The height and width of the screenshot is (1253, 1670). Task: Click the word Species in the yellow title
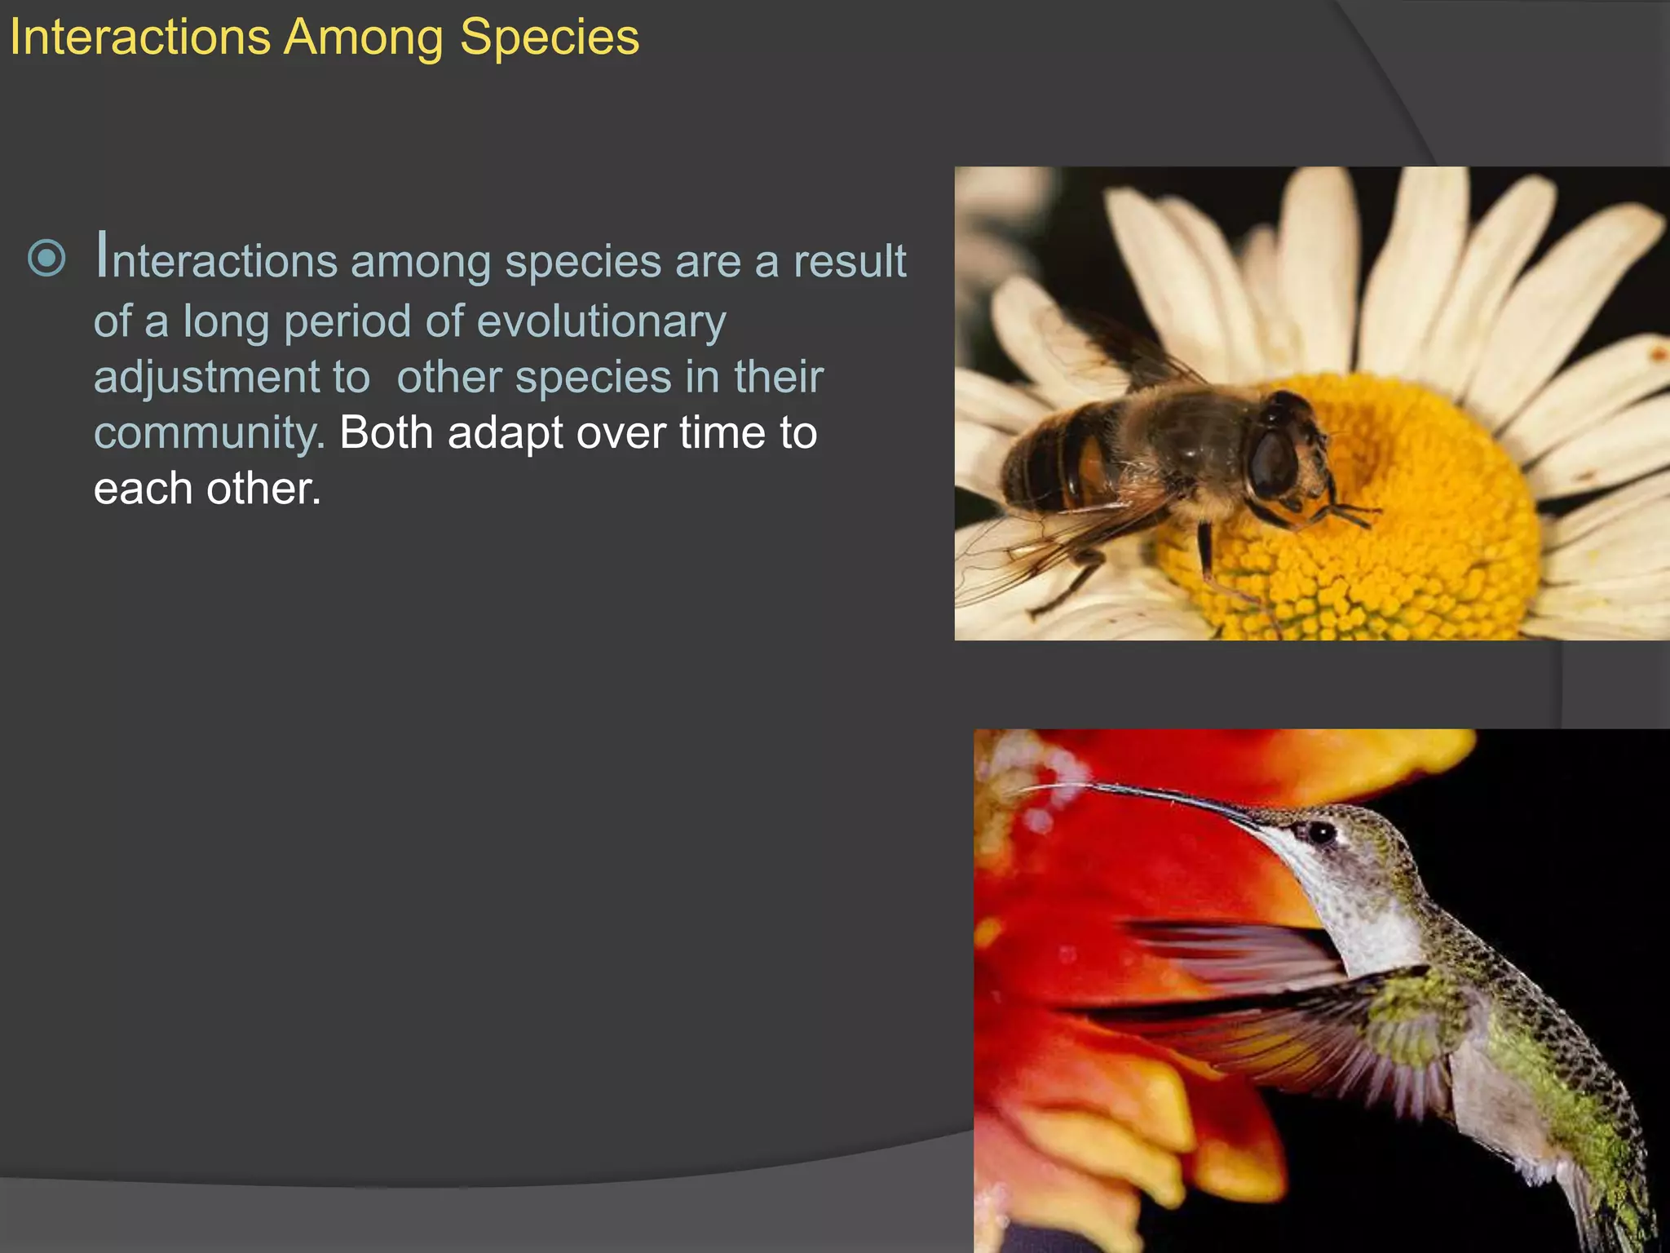[x=549, y=38]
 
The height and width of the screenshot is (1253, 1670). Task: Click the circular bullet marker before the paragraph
[x=46, y=259]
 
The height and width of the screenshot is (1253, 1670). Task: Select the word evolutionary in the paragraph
[x=601, y=321]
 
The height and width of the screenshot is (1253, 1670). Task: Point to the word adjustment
[x=232, y=378]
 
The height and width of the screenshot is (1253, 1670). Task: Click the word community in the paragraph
[x=208, y=433]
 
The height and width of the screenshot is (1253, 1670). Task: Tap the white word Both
[x=386, y=433]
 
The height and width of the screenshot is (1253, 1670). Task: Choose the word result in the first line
[x=849, y=262]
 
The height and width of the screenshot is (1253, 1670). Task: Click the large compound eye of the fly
[x=1274, y=461]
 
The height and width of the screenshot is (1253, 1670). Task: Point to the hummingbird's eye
[x=1320, y=832]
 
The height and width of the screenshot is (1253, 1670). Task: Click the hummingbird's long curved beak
[x=1158, y=795]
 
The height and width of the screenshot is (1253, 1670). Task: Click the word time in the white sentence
[x=721, y=433]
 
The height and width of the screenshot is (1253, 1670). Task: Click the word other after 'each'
[x=263, y=489]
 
